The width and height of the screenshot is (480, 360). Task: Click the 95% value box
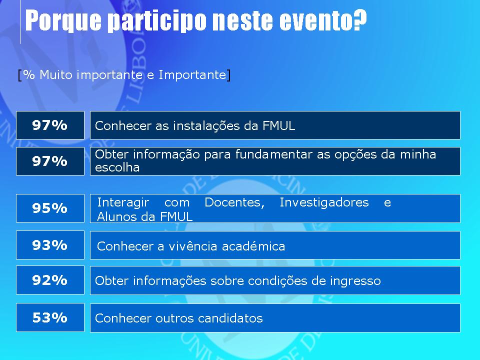50,208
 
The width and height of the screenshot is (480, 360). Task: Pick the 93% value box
50,245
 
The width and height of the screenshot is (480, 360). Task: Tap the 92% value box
50,280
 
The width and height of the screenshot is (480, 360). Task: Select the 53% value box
50,317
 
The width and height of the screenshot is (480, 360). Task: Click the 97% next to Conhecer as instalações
50,125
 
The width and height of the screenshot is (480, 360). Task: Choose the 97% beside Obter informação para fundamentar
50,161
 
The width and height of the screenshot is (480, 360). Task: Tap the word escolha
117,167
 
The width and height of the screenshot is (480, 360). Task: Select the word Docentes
234,202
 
